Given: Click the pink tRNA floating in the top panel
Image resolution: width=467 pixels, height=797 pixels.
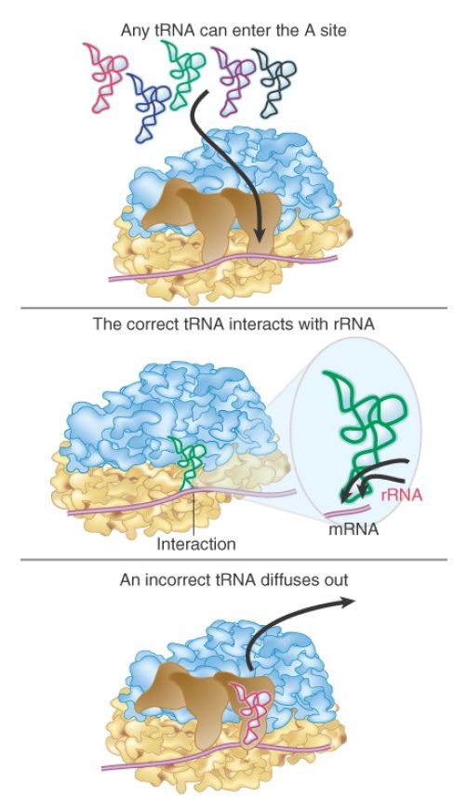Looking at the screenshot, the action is (x=107, y=76).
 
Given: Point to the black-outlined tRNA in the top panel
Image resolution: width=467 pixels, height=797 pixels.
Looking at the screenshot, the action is (x=274, y=81).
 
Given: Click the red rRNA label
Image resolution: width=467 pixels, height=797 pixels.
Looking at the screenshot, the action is (x=402, y=495).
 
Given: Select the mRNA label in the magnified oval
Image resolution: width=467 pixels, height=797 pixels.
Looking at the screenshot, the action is (x=354, y=529).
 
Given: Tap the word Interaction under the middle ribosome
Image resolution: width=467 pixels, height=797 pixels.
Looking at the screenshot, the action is (x=196, y=544).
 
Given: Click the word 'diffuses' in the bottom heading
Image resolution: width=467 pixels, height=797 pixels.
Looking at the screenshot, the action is (x=288, y=579).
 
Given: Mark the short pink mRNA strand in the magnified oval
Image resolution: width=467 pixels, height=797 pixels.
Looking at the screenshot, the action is (x=347, y=510).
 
